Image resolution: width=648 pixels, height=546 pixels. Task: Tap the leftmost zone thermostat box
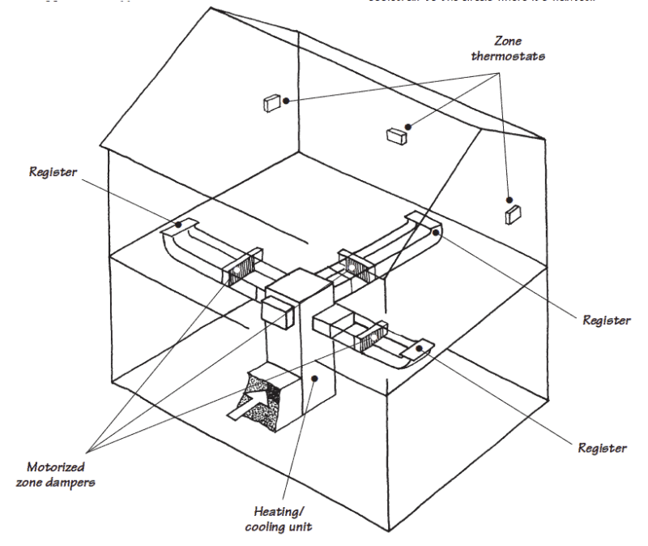point(271,103)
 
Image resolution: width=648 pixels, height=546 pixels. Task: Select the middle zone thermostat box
point(395,135)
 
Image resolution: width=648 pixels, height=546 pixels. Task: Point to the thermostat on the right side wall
point(512,214)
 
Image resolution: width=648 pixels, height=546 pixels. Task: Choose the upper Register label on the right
point(606,320)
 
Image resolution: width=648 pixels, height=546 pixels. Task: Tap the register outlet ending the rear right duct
point(425,227)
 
